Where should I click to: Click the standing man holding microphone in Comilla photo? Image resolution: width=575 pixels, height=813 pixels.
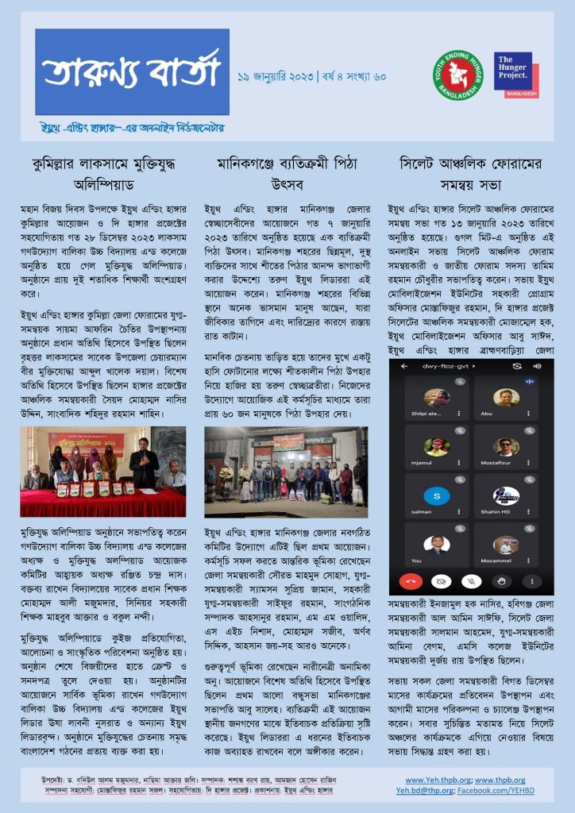point(144,463)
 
